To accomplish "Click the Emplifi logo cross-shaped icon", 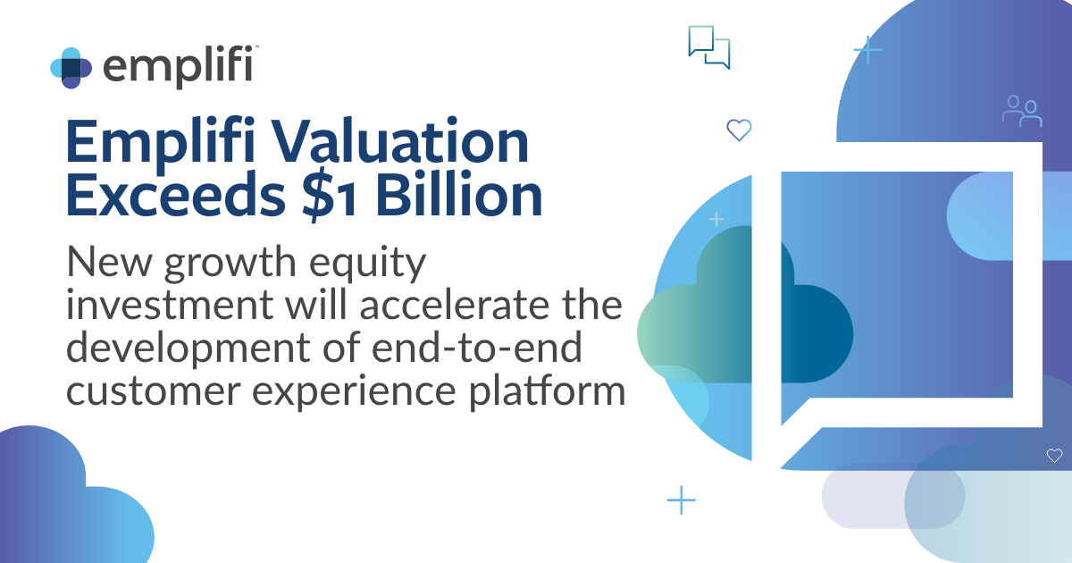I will (71, 68).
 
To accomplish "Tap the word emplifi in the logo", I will (178, 66).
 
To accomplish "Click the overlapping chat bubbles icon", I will (709, 46).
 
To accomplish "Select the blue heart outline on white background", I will (739, 130).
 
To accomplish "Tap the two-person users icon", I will (1022, 111).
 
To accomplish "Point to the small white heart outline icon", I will (1054, 456).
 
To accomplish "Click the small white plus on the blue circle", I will (716, 219).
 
